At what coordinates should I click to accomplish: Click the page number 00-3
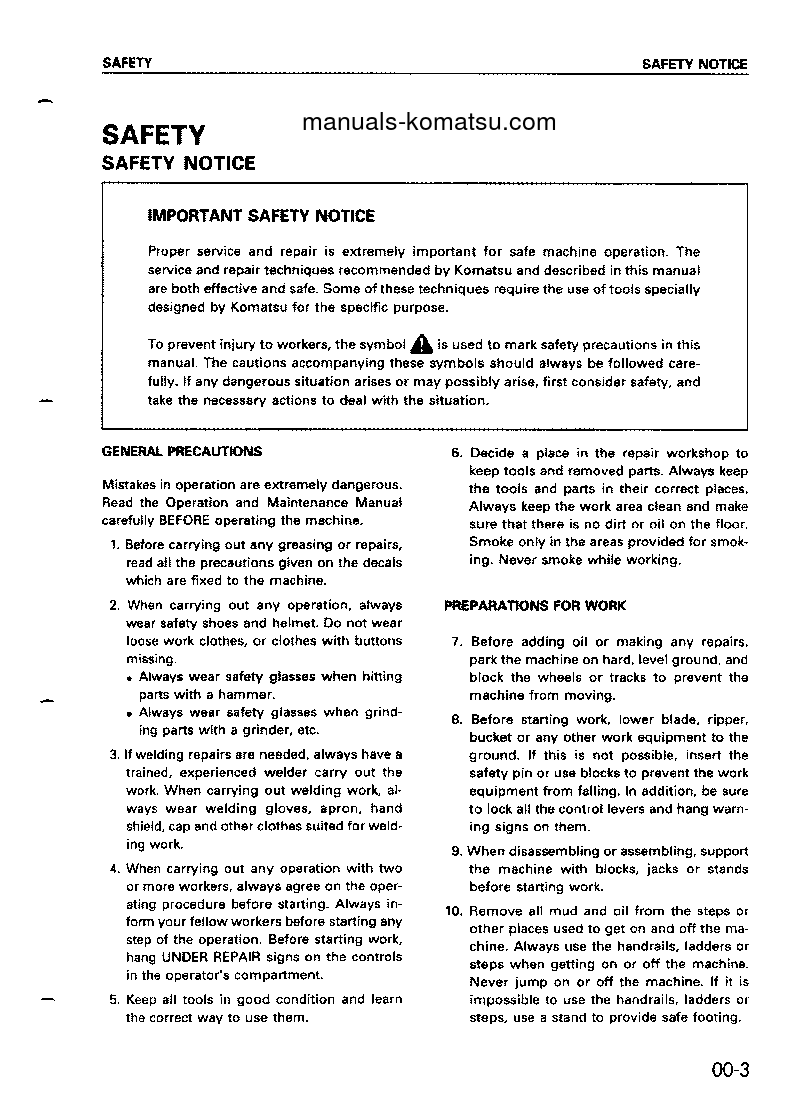[x=730, y=1070]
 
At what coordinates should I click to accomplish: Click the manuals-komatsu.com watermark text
[x=428, y=122]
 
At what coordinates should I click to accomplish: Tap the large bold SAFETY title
[x=153, y=135]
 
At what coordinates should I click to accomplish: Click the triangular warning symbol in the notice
[x=420, y=345]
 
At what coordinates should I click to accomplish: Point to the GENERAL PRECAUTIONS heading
[x=182, y=451]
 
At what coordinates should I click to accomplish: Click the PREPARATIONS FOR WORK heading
[x=535, y=606]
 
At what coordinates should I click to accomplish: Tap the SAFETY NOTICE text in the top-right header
[x=694, y=64]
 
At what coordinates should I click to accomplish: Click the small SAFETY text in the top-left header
[x=127, y=63]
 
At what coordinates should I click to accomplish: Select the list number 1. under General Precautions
[x=115, y=544]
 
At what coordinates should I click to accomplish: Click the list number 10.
[x=452, y=911]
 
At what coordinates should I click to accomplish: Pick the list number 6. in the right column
[x=456, y=453]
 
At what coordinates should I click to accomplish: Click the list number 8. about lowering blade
[x=456, y=719]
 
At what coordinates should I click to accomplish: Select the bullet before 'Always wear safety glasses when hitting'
[x=130, y=677]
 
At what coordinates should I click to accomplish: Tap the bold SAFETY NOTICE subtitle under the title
[x=178, y=163]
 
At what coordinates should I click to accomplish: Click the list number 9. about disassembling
[x=456, y=851]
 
